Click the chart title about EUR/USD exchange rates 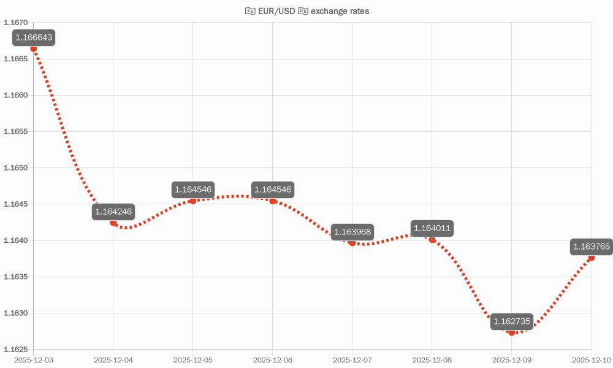(307, 11)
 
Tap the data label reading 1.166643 (34, 38)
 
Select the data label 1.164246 (113, 212)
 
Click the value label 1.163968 (352, 232)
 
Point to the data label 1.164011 (432, 229)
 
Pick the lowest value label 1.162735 (512, 321)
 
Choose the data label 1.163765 (592, 247)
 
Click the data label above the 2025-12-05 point (193, 190)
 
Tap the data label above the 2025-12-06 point (273, 190)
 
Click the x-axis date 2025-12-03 (34, 360)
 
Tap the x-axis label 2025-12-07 (352, 360)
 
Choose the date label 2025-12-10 (591, 360)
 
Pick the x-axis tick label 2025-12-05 (193, 360)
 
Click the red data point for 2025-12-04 (113, 223)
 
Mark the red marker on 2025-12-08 (432, 240)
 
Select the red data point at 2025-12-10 (592, 258)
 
